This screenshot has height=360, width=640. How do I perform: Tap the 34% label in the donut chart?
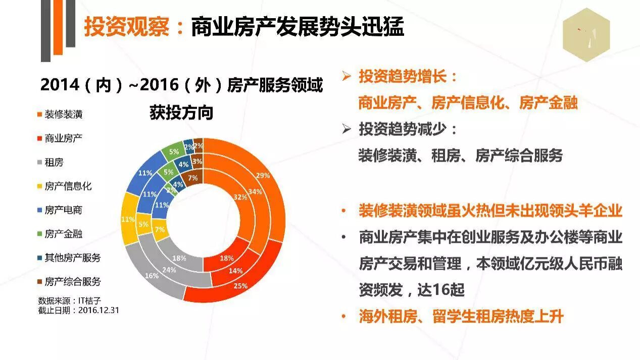tap(255, 192)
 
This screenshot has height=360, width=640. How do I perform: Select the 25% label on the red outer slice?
tap(240, 286)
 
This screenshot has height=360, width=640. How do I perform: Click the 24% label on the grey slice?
tap(169, 270)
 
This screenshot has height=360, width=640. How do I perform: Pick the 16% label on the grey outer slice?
tap(152, 276)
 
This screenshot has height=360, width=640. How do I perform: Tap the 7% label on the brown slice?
tap(192, 178)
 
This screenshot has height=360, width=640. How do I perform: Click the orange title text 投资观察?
tap(127, 27)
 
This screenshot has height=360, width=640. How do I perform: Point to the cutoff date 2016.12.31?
tap(99, 310)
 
